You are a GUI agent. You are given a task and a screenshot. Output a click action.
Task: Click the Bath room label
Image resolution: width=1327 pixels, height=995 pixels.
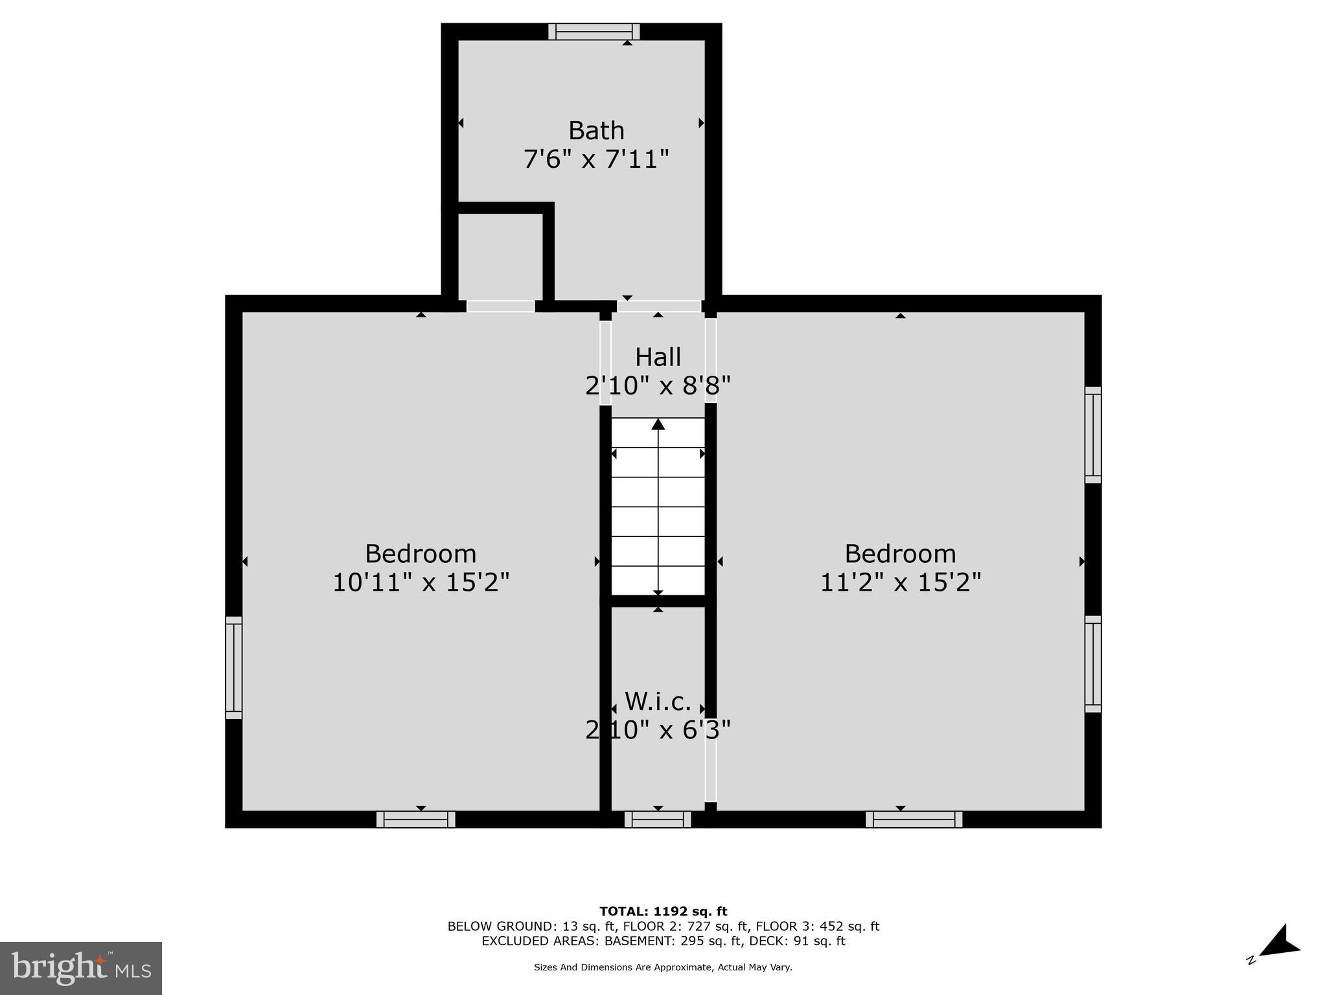(x=596, y=131)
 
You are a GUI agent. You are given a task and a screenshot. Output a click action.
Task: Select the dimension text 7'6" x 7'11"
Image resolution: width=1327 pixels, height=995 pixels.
(x=596, y=159)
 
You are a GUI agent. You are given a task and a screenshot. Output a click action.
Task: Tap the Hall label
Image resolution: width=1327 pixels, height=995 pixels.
(x=658, y=358)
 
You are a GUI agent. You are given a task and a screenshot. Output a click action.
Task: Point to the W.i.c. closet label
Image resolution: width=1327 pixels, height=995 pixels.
(x=658, y=702)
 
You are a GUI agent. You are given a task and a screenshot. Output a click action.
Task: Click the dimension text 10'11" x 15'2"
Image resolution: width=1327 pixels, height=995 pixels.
(x=421, y=582)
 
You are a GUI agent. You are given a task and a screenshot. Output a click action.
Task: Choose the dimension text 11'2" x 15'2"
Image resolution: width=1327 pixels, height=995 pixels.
(x=901, y=582)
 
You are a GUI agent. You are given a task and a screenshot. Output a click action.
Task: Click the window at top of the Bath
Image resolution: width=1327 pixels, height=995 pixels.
(x=594, y=32)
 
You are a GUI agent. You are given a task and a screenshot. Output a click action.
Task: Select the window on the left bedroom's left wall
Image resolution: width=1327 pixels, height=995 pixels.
(x=234, y=667)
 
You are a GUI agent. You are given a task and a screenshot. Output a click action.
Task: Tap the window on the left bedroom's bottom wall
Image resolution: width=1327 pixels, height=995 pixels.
(x=416, y=819)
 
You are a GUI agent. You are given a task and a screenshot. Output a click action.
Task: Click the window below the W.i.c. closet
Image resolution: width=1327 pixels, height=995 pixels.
(x=658, y=819)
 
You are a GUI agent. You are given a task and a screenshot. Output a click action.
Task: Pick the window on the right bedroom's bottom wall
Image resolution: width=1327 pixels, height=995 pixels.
(x=914, y=819)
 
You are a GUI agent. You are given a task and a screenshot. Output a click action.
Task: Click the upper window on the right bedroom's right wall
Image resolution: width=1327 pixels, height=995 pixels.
(x=1093, y=435)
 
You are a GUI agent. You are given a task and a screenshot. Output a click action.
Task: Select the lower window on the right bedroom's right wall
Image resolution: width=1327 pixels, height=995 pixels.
(x=1093, y=664)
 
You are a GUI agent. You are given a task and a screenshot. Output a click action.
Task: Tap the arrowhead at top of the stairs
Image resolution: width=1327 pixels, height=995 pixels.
(x=658, y=424)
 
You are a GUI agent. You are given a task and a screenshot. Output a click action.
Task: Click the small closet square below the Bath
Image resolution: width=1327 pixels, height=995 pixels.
(x=500, y=256)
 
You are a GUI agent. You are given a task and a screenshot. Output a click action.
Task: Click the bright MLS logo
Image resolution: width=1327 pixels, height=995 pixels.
(x=81, y=968)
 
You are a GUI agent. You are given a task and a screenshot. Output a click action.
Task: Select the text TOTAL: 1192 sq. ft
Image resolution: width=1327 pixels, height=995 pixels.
(x=663, y=911)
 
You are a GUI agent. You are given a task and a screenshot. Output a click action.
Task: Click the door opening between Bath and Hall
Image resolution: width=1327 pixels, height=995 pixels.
(x=659, y=306)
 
